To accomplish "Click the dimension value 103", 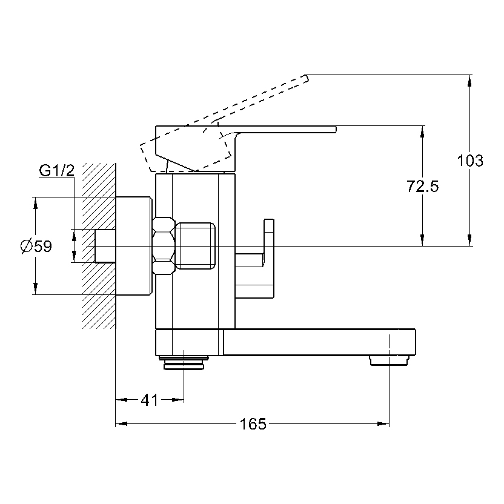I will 471,161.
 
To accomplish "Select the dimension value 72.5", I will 422,187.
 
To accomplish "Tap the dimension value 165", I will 253,424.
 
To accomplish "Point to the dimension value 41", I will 149,400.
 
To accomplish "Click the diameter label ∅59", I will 36,247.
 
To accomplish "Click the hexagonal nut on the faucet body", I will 164,247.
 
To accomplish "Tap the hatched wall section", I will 99,182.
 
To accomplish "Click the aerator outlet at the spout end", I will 388,361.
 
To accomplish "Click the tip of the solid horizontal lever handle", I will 335,129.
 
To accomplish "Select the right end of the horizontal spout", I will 415,342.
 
